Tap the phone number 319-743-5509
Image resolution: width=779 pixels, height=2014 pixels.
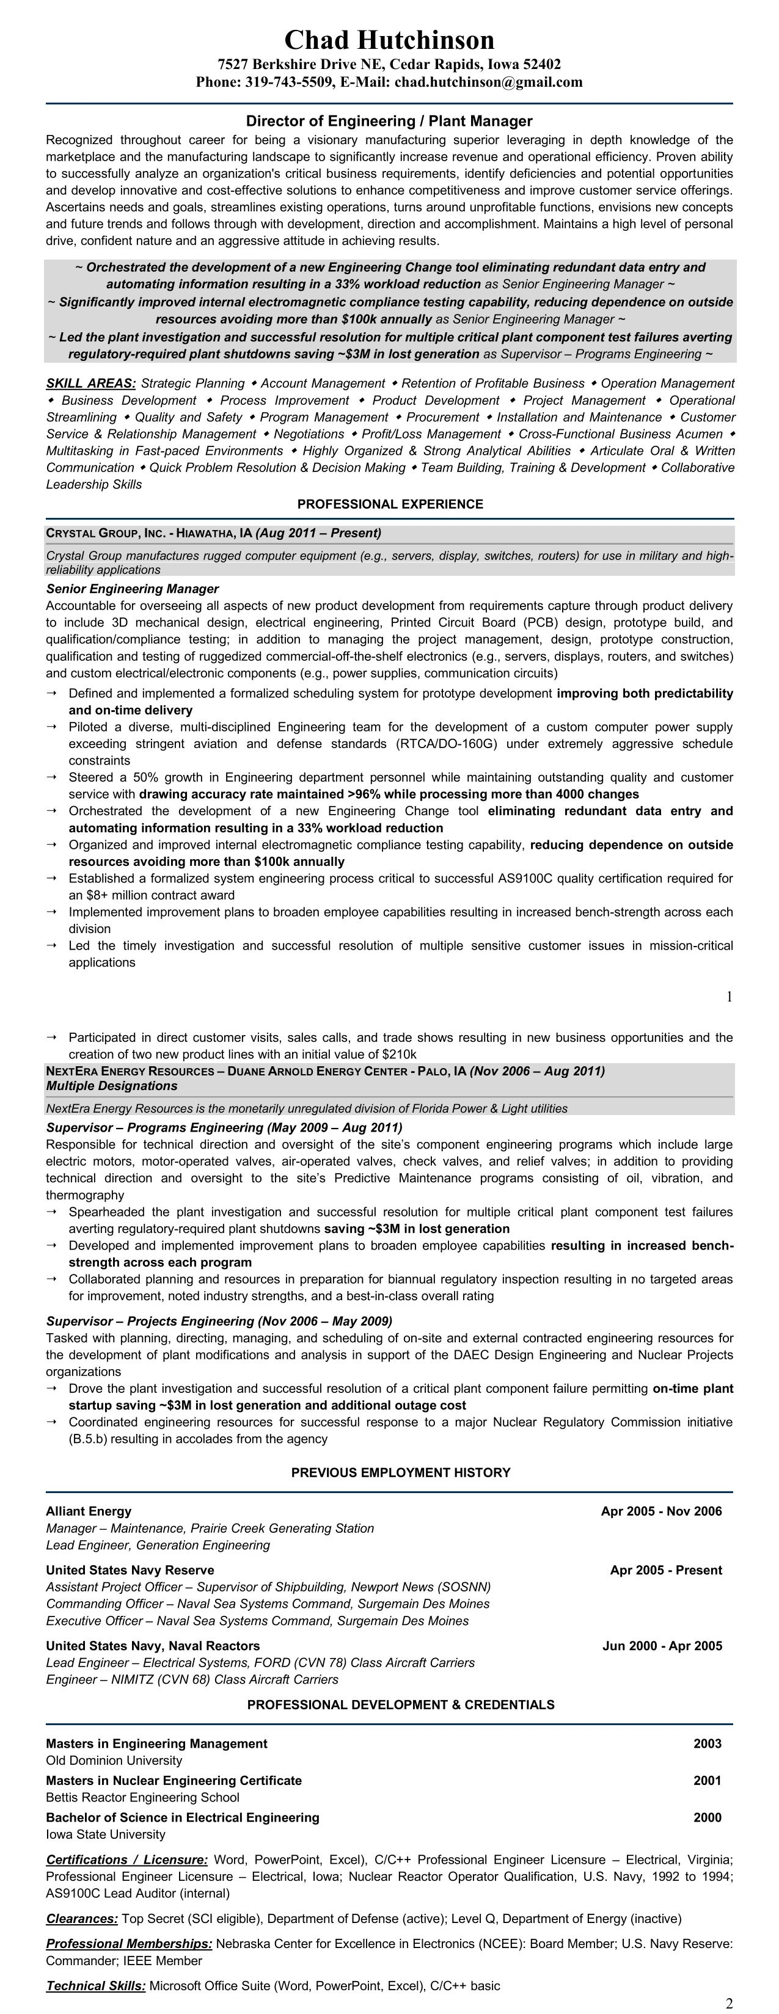coord(281,82)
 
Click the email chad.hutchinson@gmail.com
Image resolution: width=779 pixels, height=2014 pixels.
coord(488,82)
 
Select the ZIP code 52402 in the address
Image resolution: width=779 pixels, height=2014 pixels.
coord(539,64)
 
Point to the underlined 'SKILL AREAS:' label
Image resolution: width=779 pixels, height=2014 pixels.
coord(90,383)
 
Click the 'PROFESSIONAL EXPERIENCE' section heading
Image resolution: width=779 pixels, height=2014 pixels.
coord(390,504)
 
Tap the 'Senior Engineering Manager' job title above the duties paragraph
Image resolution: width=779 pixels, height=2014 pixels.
coord(132,589)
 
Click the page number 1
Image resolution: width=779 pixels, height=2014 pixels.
coord(729,996)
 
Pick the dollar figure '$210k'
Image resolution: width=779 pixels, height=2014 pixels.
coord(399,1055)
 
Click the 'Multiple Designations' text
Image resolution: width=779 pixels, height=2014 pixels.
coord(111,1085)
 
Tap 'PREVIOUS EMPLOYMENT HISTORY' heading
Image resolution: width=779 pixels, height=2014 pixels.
coord(400,1472)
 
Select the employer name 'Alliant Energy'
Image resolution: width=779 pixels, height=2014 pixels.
coord(89,1511)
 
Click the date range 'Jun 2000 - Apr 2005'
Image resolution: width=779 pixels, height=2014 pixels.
coord(662,1646)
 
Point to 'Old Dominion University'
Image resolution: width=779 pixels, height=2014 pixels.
coord(114,1760)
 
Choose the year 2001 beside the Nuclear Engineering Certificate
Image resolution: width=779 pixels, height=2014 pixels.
coord(707,1780)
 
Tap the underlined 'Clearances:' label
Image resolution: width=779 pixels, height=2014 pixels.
coord(82,1918)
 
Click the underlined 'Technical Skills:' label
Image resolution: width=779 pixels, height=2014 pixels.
coord(95,1985)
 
